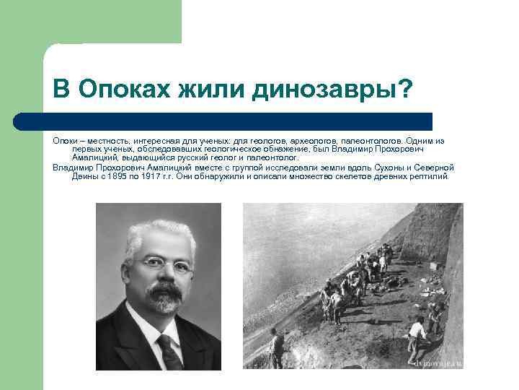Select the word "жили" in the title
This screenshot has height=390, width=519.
click(210, 90)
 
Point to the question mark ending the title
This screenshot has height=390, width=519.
click(405, 90)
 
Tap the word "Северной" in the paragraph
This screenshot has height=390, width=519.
click(435, 167)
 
